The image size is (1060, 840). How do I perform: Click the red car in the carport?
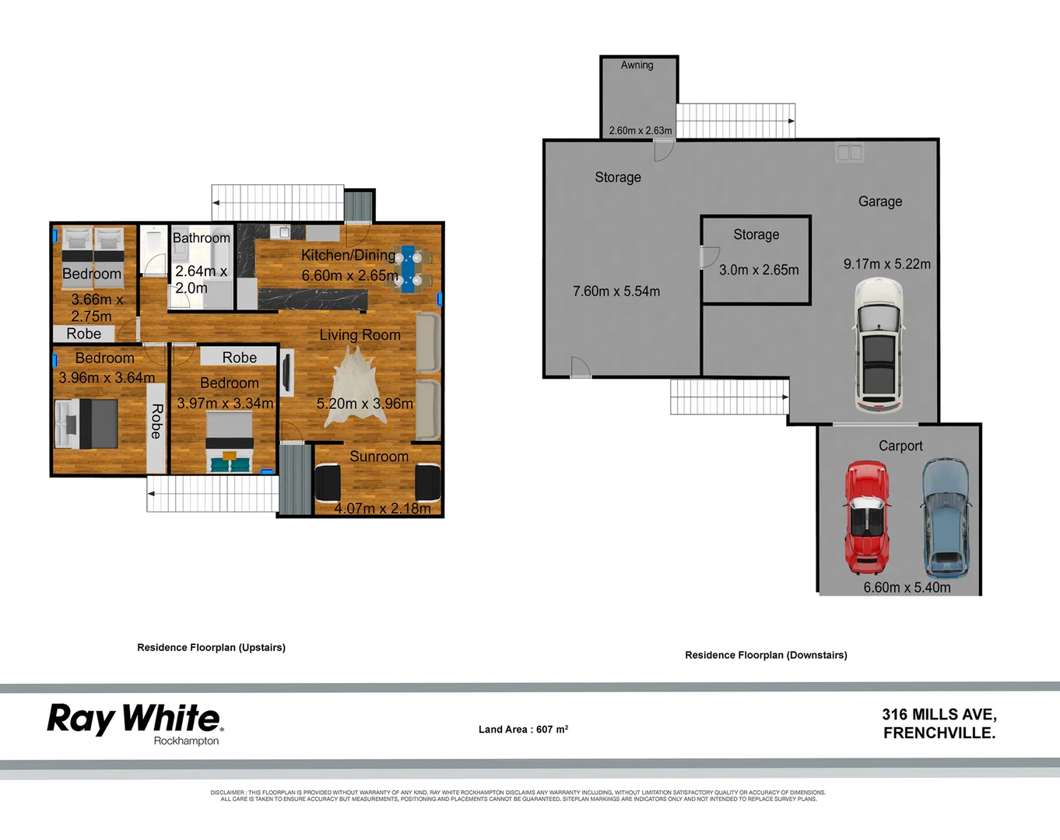click(867, 517)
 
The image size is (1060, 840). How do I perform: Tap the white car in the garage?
click(879, 346)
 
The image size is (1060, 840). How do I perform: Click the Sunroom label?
click(379, 457)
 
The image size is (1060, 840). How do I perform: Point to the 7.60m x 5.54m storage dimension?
click(616, 292)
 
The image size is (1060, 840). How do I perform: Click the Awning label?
click(637, 65)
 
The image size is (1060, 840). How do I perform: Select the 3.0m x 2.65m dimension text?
click(759, 270)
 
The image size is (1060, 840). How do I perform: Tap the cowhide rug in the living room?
click(356, 387)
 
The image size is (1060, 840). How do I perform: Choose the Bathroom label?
click(201, 238)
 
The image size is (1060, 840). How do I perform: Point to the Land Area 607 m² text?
click(523, 730)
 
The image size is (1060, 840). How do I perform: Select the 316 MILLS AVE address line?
click(939, 715)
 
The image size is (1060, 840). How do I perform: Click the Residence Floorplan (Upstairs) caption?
click(211, 647)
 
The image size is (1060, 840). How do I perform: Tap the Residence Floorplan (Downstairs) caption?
click(766, 655)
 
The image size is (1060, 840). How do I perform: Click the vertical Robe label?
click(156, 422)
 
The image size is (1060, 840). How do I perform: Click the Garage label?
click(880, 201)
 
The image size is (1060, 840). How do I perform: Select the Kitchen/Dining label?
click(348, 255)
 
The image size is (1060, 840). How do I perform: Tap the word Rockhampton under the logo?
click(186, 741)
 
